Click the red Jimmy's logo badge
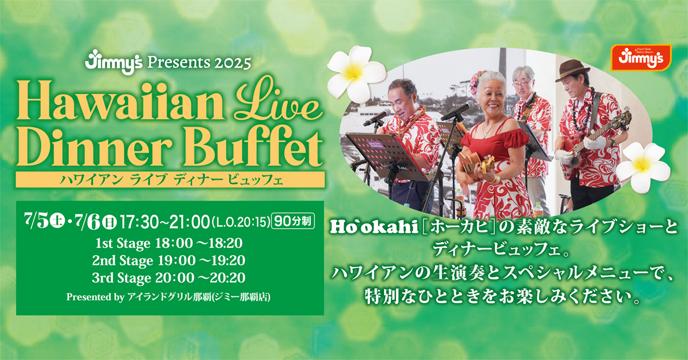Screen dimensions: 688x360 [641, 57]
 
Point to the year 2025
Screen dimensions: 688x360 [233, 63]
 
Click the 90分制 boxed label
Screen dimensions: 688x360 [294, 221]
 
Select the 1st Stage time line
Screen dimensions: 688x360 [169, 243]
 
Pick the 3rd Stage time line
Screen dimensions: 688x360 [169, 278]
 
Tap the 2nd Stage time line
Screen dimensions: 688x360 [169, 261]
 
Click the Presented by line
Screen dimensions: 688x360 [169, 297]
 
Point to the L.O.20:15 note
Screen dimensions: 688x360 [241, 222]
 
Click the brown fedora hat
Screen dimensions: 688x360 [572, 70]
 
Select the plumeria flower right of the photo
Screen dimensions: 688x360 [643, 167]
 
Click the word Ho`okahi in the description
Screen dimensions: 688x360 [374, 228]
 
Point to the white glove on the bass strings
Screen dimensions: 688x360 [595, 143]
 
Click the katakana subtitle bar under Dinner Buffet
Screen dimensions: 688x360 [170, 179]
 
